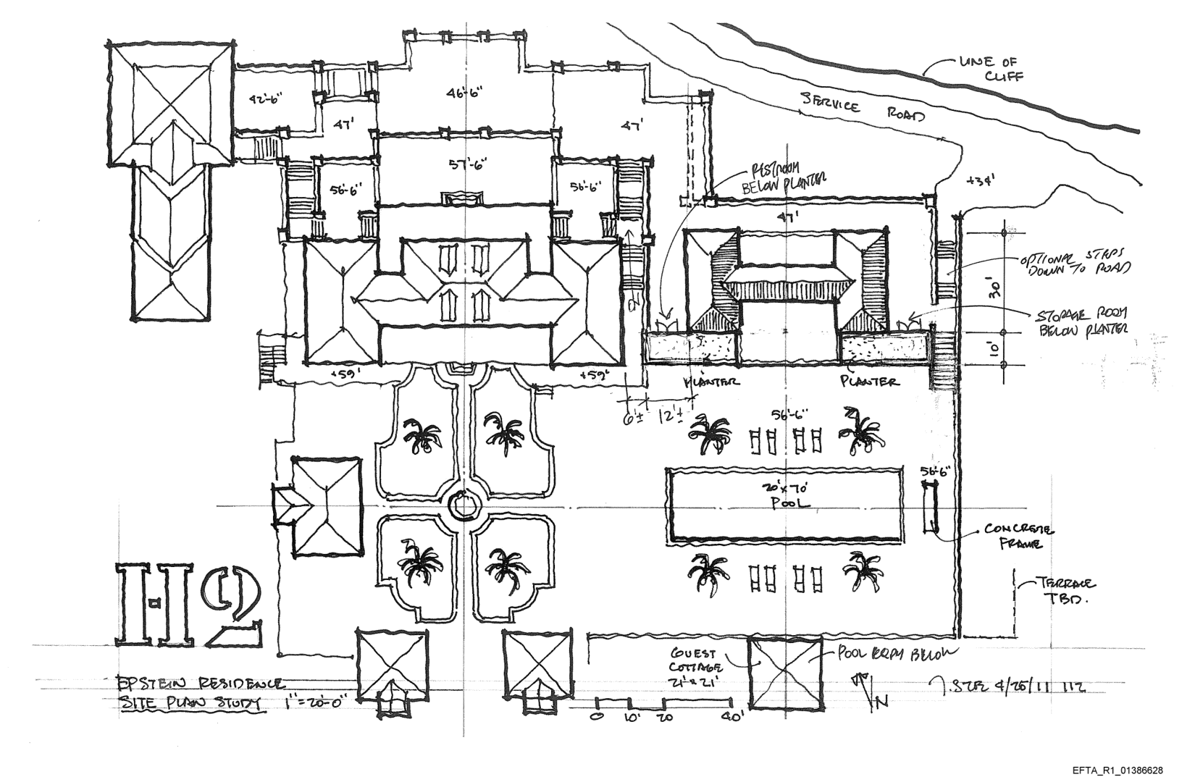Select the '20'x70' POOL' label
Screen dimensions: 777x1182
(784, 494)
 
